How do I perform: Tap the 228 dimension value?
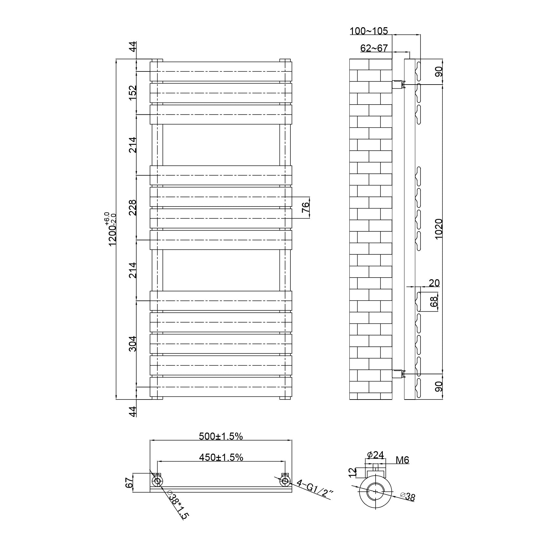click(132, 207)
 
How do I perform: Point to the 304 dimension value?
click(132, 344)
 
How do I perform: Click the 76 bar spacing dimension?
click(305, 207)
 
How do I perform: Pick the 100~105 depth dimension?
click(369, 31)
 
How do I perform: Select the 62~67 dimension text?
click(374, 48)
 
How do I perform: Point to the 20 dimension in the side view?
click(434, 283)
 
